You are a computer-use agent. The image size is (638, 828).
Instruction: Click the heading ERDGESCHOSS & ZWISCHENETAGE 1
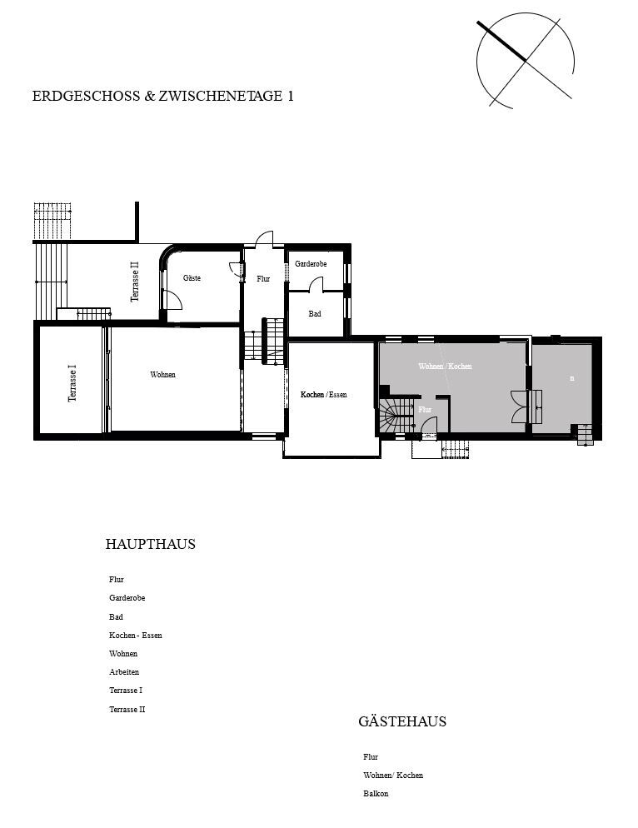click(x=162, y=96)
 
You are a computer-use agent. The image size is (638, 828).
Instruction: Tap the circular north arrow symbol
click(x=525, y=59)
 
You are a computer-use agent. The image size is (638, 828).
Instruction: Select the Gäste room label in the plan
click(x=192, y=278)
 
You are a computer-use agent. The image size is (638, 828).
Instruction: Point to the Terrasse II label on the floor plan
click(x=135, y=282)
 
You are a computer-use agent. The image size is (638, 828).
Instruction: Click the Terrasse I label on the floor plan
click(x=72, y=384)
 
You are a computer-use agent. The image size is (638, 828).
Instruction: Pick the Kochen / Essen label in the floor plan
click(x=323, y=394)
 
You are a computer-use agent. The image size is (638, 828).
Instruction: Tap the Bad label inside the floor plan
click(x=315, y=314)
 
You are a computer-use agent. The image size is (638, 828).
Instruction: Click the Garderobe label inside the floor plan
click(x=311, y=264)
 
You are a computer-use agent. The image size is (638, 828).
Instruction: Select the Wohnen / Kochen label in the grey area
click(x=445, y=367)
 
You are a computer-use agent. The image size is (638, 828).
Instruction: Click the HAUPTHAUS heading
click(x=150, y=545)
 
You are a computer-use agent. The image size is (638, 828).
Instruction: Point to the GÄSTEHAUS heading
click(x=402, y=721)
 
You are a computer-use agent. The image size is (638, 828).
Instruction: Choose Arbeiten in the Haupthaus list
click(x=124, y=672)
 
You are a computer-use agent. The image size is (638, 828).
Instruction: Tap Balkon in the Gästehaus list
click(x=376, y=794)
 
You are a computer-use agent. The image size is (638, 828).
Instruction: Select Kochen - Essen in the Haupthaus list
click(x=136, y=636)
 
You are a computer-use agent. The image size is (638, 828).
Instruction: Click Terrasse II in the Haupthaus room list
click(x=127, y=710)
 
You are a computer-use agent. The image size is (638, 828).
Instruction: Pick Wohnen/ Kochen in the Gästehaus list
click(x=393, y=776)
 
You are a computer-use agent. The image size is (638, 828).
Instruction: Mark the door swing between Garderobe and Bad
click(x=317, y=286)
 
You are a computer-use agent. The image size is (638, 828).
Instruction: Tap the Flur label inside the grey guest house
click(x=425, y=410)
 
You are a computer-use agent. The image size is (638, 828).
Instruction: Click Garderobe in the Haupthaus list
click(x=127, y=598)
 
